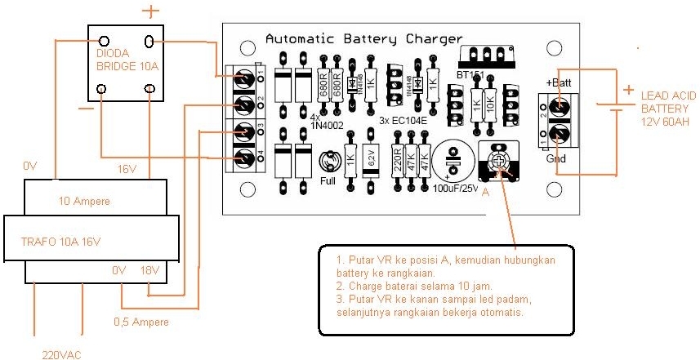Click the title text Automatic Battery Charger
(364, 38)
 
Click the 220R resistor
(397, 160)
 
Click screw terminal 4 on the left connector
(244, 158)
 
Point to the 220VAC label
(62, 354)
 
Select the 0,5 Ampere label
(141, 322)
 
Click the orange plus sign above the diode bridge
(149, 11)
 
